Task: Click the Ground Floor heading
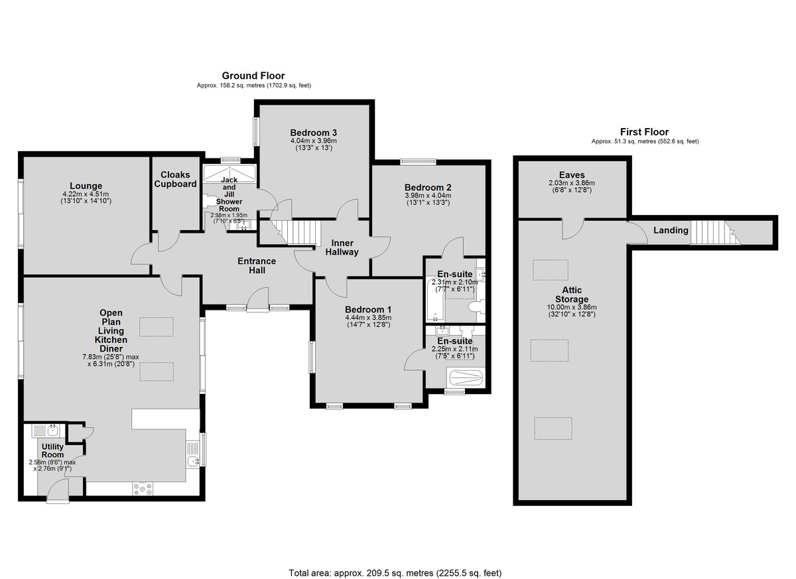point(253,76)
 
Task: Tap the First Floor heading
point(644,132)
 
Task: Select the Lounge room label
point(86,186)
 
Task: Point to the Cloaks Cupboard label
point(175,179)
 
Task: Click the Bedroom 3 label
point(313,133)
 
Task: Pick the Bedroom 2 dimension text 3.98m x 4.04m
point(428,196)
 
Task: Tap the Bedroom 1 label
point(368,309)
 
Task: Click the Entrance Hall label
point(257,266)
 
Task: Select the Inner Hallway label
point(342,247)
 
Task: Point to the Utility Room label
point(52,450)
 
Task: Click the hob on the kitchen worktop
point(143,489)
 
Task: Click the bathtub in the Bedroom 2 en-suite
point(434,299)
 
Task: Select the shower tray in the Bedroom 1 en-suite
point(466,377)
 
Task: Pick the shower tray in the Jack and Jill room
point(230,173)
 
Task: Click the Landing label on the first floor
point(671,230)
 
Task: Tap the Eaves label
point(572,175)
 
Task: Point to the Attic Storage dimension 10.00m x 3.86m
point(572,308)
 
